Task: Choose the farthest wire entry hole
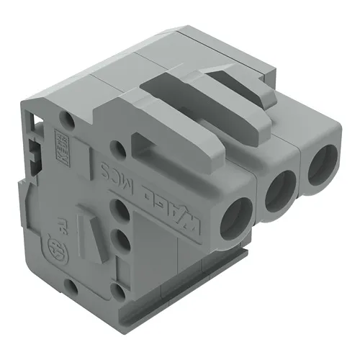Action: [x=321, y=164]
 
